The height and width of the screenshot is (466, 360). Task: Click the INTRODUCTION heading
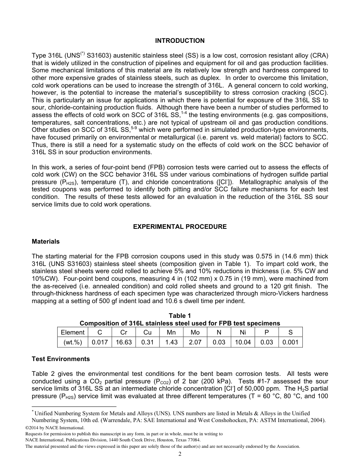(x=180, y=41)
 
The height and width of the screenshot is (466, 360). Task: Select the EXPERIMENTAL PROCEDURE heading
(x=180, y=227)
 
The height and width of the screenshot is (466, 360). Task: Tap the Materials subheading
(x=45, y=241)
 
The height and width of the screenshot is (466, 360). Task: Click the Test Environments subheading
(x=61, y=359)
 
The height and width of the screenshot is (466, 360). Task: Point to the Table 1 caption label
(x=180, y=316)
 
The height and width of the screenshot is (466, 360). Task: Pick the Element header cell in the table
(x=72, y=332)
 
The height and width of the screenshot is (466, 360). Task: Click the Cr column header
(x=124, y=332)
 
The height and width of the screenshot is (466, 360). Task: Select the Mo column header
(x=195, y=332)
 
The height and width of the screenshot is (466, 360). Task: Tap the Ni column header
(x=243, y=332)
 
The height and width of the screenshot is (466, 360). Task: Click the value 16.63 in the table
(x=124, y=342)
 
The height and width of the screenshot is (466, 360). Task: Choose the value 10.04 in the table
(x=243, y=342)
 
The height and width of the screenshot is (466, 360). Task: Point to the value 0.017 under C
(x=100, y=342)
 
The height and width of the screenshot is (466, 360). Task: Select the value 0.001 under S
(x=290, y=342)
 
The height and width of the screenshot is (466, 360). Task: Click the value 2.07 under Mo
(x=195, y=342)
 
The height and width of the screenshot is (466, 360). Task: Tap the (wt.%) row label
(x=72, y=342)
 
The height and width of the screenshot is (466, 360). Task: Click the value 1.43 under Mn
(x=171, y=342)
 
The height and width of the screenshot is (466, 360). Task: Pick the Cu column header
(x=147, y=332)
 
